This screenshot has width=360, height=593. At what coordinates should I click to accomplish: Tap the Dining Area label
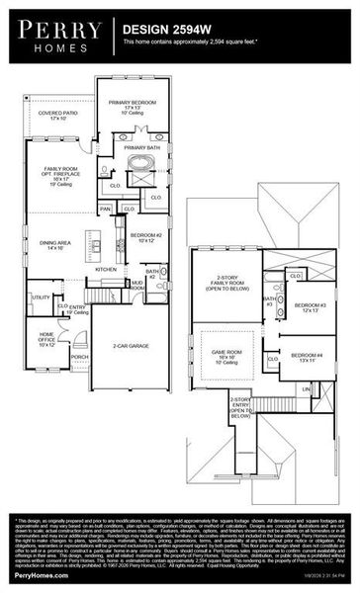[54, 244]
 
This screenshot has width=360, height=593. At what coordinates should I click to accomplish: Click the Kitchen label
[104, 269]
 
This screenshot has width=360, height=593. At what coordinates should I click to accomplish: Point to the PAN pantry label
[105, 209]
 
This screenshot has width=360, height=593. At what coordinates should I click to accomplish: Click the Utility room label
[41, 296]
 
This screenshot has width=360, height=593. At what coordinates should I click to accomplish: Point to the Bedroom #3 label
[310, 307]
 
